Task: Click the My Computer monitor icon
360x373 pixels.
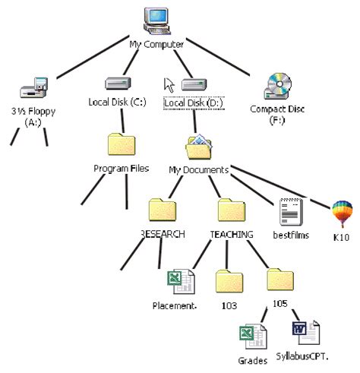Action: pyautogui.click(x=158, y=21)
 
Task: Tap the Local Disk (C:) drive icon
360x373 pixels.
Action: pyautogui.click(x=116, y=83)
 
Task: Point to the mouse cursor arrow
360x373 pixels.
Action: pyautogui.click(x=170, y=83)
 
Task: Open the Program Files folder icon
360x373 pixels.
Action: pyautogui.click(x=122, y=144)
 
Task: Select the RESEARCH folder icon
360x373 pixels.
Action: pyautogui.click(x=162, y=210)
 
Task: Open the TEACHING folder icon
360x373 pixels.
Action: pyautogui.click(x=231, y=210)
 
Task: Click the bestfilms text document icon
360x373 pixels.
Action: pyautogui.click(x=290, y=209)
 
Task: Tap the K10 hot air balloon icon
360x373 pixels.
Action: pyautogui.click(x=341, y=213)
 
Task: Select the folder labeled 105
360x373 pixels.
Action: pyautogui.click(x=279, y=280)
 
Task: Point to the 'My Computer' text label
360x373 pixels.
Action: pyautogui.click(x=156, y=45)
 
